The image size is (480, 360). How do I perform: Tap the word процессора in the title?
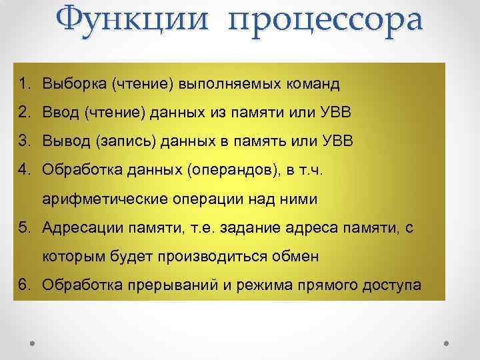coord(325,23)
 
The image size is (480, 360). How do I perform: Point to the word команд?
coord(312,84)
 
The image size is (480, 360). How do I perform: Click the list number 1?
coord(24,84)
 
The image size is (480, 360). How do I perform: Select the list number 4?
coord(24,169)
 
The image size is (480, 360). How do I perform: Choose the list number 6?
coord(24,285)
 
